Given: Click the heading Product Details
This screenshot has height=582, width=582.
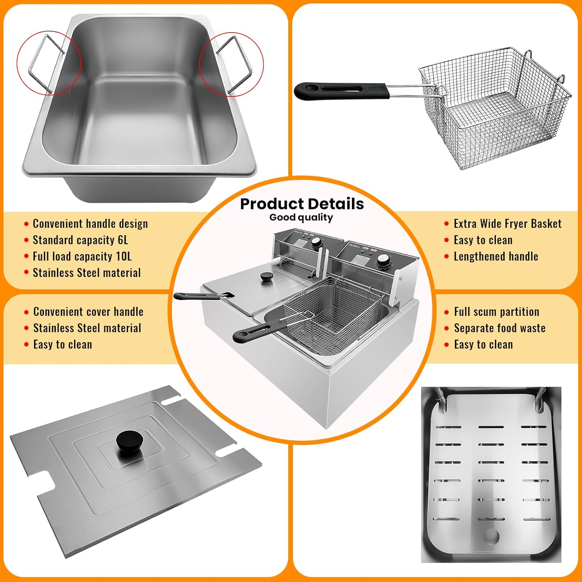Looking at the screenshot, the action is tap(302, 204).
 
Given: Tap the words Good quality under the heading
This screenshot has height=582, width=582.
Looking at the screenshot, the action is tap(301, 217).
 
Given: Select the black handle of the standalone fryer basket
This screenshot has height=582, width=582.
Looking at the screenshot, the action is tap(341, 91).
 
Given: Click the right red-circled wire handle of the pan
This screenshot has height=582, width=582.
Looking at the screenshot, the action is tap(235, 65).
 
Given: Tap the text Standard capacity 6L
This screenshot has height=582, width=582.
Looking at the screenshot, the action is tap(80, 240).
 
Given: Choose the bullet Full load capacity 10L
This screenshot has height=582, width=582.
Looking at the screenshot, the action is tap(82, 256).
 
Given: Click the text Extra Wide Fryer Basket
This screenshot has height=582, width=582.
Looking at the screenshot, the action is tap(508, 223).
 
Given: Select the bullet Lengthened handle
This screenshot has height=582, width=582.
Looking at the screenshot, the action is tap(496, 256).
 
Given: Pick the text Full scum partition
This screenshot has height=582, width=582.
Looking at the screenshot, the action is tap(497, 312).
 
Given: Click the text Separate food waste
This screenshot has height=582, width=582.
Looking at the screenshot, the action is tap(500, 328).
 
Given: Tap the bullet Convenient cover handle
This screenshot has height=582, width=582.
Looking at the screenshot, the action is tap(88, 312).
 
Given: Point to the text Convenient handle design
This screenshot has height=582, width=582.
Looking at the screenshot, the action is tap(90, 223).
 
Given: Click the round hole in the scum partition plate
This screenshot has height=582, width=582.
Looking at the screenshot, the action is tap(492, 537).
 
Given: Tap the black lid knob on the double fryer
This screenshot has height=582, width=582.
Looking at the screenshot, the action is tap(266, 277).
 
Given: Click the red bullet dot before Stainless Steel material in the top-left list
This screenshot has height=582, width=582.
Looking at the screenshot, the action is tap(26, 272).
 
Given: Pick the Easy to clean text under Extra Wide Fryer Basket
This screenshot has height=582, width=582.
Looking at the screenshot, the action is tap(483, 240).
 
